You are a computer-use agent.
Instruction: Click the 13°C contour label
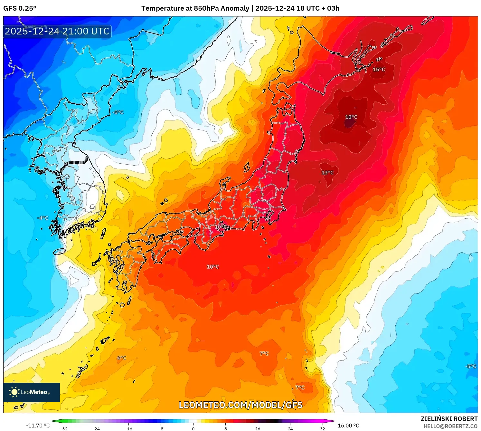coord(327,173)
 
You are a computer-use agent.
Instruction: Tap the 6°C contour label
coord(122,358)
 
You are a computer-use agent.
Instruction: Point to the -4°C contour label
coord(43,218)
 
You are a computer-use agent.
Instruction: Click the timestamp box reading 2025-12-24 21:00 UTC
coord(57,31)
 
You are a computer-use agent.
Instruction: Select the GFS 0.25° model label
coord(20,8)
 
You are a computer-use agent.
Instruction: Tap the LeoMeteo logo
coord(32,392)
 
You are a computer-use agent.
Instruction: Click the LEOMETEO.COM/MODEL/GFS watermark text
coord(240,405)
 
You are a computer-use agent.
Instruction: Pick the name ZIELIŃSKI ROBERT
coord(449,419)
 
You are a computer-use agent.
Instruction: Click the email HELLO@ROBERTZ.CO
coord(450,426)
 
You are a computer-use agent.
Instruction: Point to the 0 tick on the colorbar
coord(193,428)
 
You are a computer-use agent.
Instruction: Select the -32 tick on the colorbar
coord(64,428)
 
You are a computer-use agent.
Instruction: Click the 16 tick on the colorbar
coord(258,428)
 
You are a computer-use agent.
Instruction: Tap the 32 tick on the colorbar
coord(322,428)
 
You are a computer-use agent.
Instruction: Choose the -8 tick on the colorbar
coord(161,428)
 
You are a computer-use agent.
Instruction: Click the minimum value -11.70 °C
coord(38,426)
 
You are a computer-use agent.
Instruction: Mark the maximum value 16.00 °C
coord(348,426)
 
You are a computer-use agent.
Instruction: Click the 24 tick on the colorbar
coord(290,428)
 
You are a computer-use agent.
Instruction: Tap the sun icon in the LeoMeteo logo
coord(14,392)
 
